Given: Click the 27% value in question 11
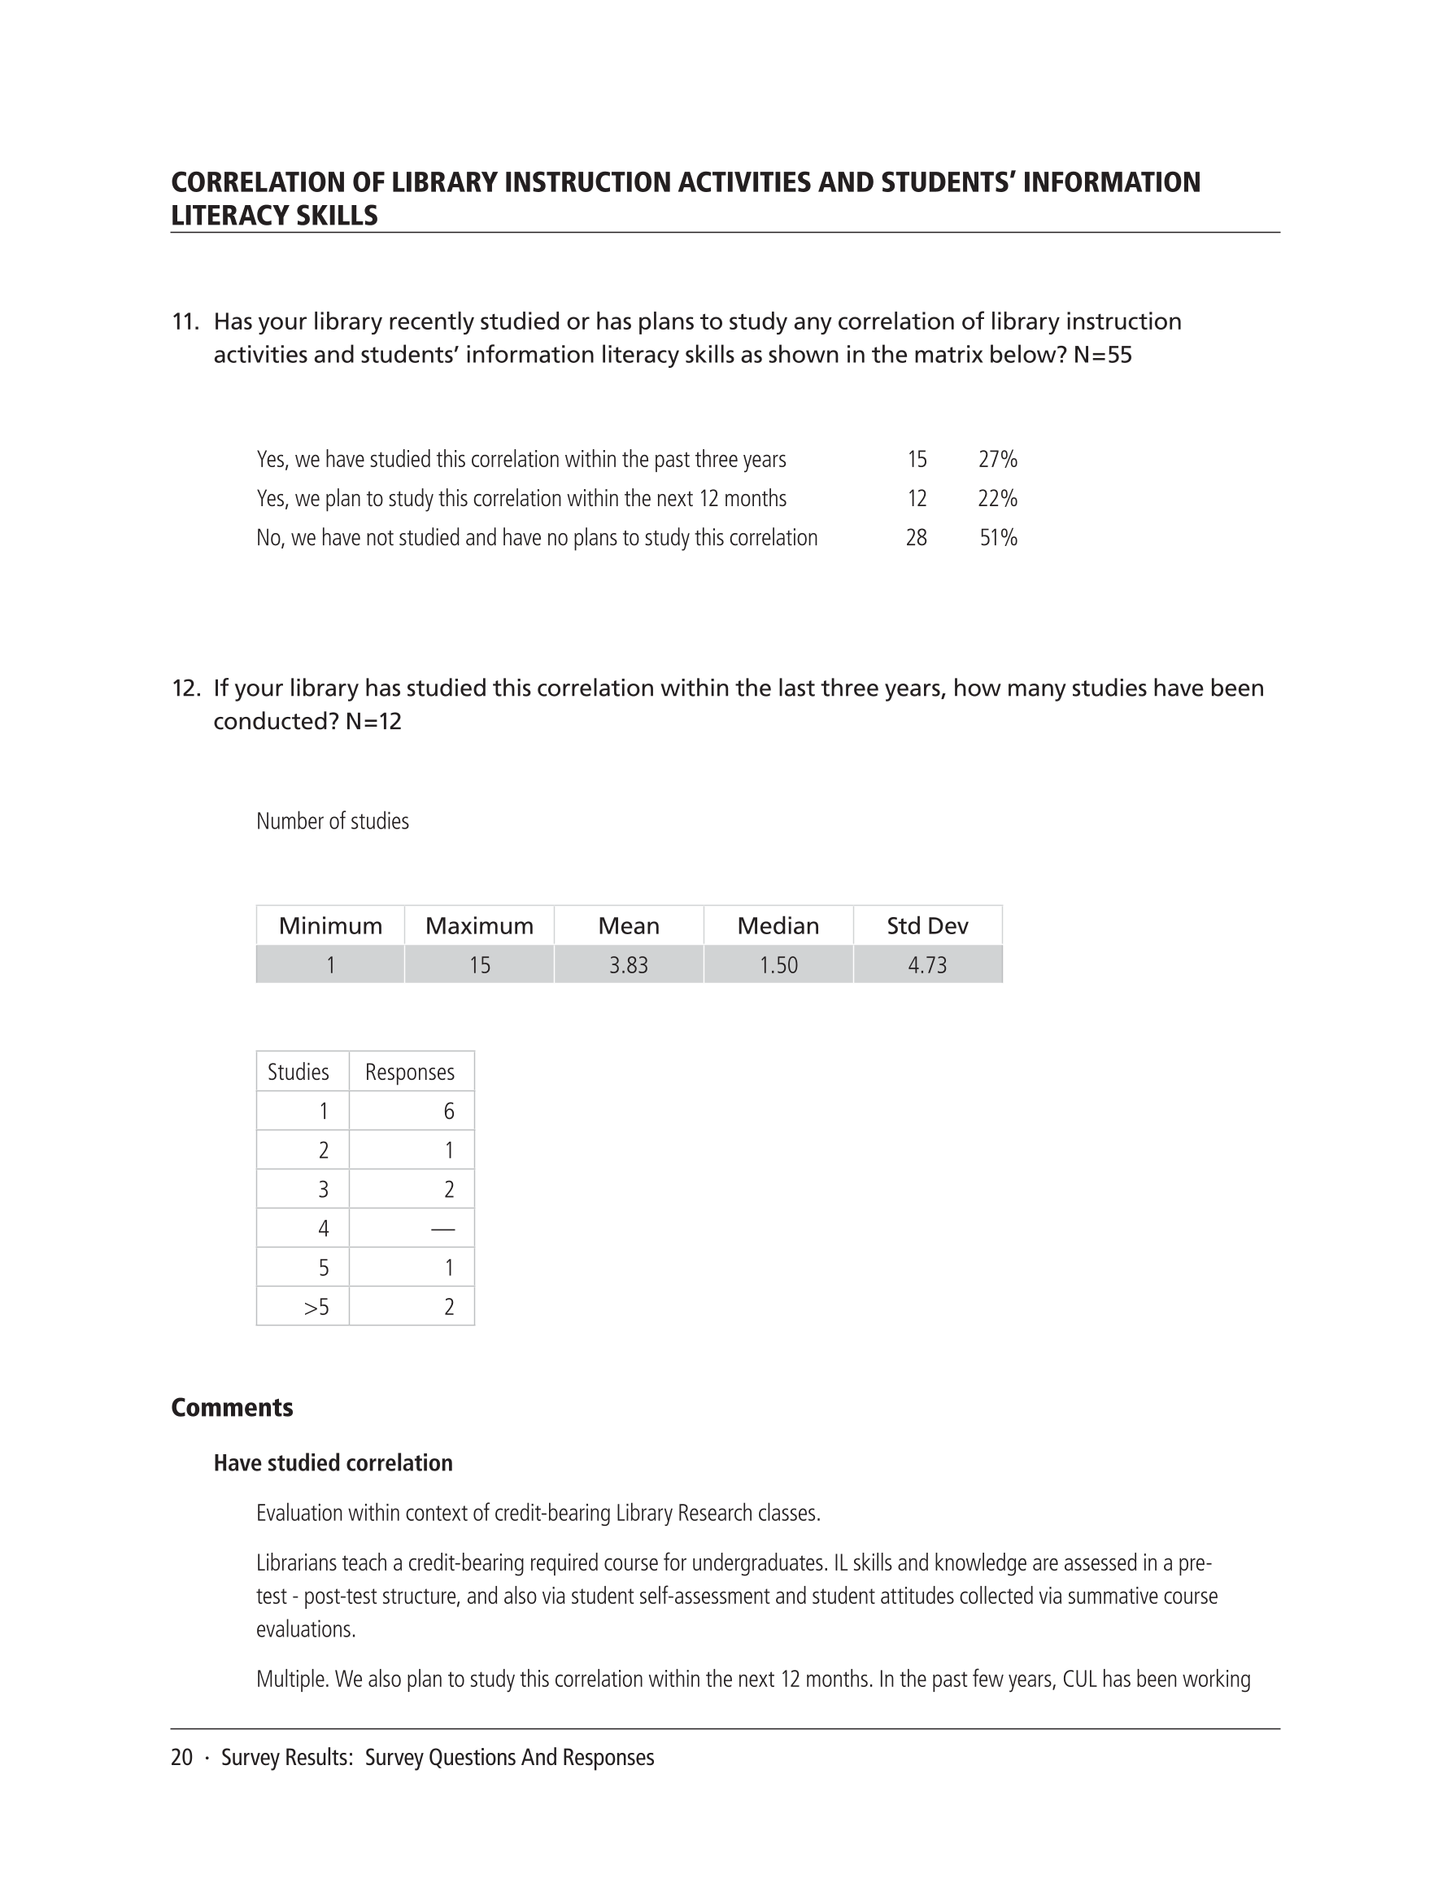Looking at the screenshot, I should coord(998,460).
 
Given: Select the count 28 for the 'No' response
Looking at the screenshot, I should coord(916,538).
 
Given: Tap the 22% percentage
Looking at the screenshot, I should coord(998,499).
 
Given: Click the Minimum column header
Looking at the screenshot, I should coord(330,926).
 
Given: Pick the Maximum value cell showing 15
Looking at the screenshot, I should coord(480,965).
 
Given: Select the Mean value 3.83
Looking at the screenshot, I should coord(629,965).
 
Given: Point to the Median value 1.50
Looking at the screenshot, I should coord(778,965).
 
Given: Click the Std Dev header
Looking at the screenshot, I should coord(927,926).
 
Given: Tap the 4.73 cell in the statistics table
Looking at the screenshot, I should coord(927,965).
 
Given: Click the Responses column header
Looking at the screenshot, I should coord(409,1072).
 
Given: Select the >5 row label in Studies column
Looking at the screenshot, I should coord(316,1307).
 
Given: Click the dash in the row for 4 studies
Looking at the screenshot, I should coord(443,1229).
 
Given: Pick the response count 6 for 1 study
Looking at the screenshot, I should coord(449,1112).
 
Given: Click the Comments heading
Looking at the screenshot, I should coord(233,1408).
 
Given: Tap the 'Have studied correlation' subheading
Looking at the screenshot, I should coord(333,1463).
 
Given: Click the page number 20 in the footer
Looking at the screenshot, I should coord(181,1758).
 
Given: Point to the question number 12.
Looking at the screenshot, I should coord(185,688).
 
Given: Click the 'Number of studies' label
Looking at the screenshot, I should coord(333,822).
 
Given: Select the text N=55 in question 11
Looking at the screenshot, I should coord(1103,356).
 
